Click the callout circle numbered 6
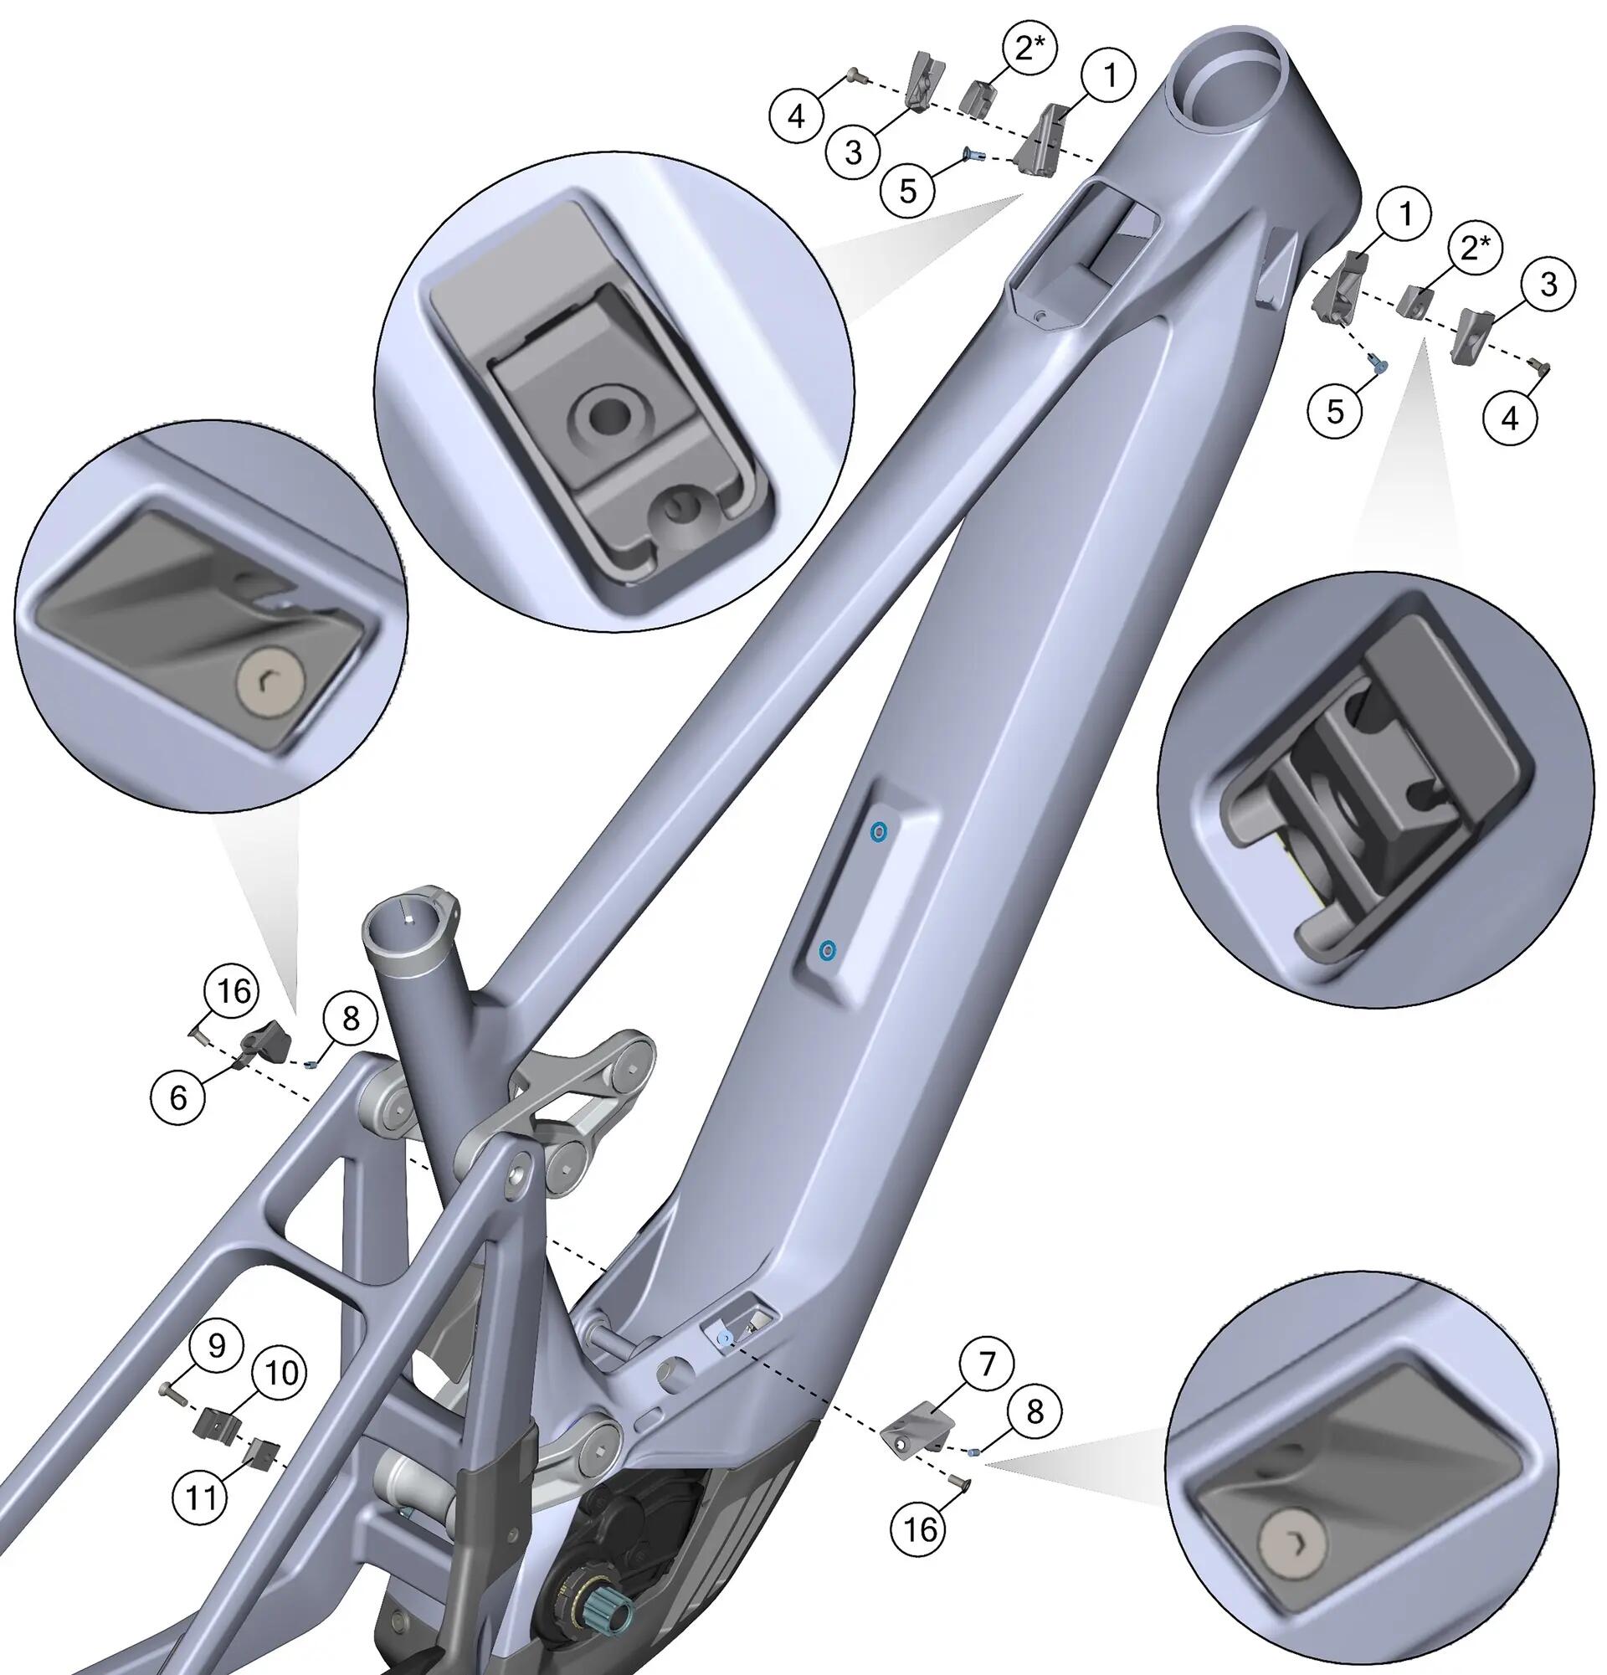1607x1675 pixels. click(x=178, y=1097)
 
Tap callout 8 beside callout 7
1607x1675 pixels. click(x=1035, y=1412)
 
